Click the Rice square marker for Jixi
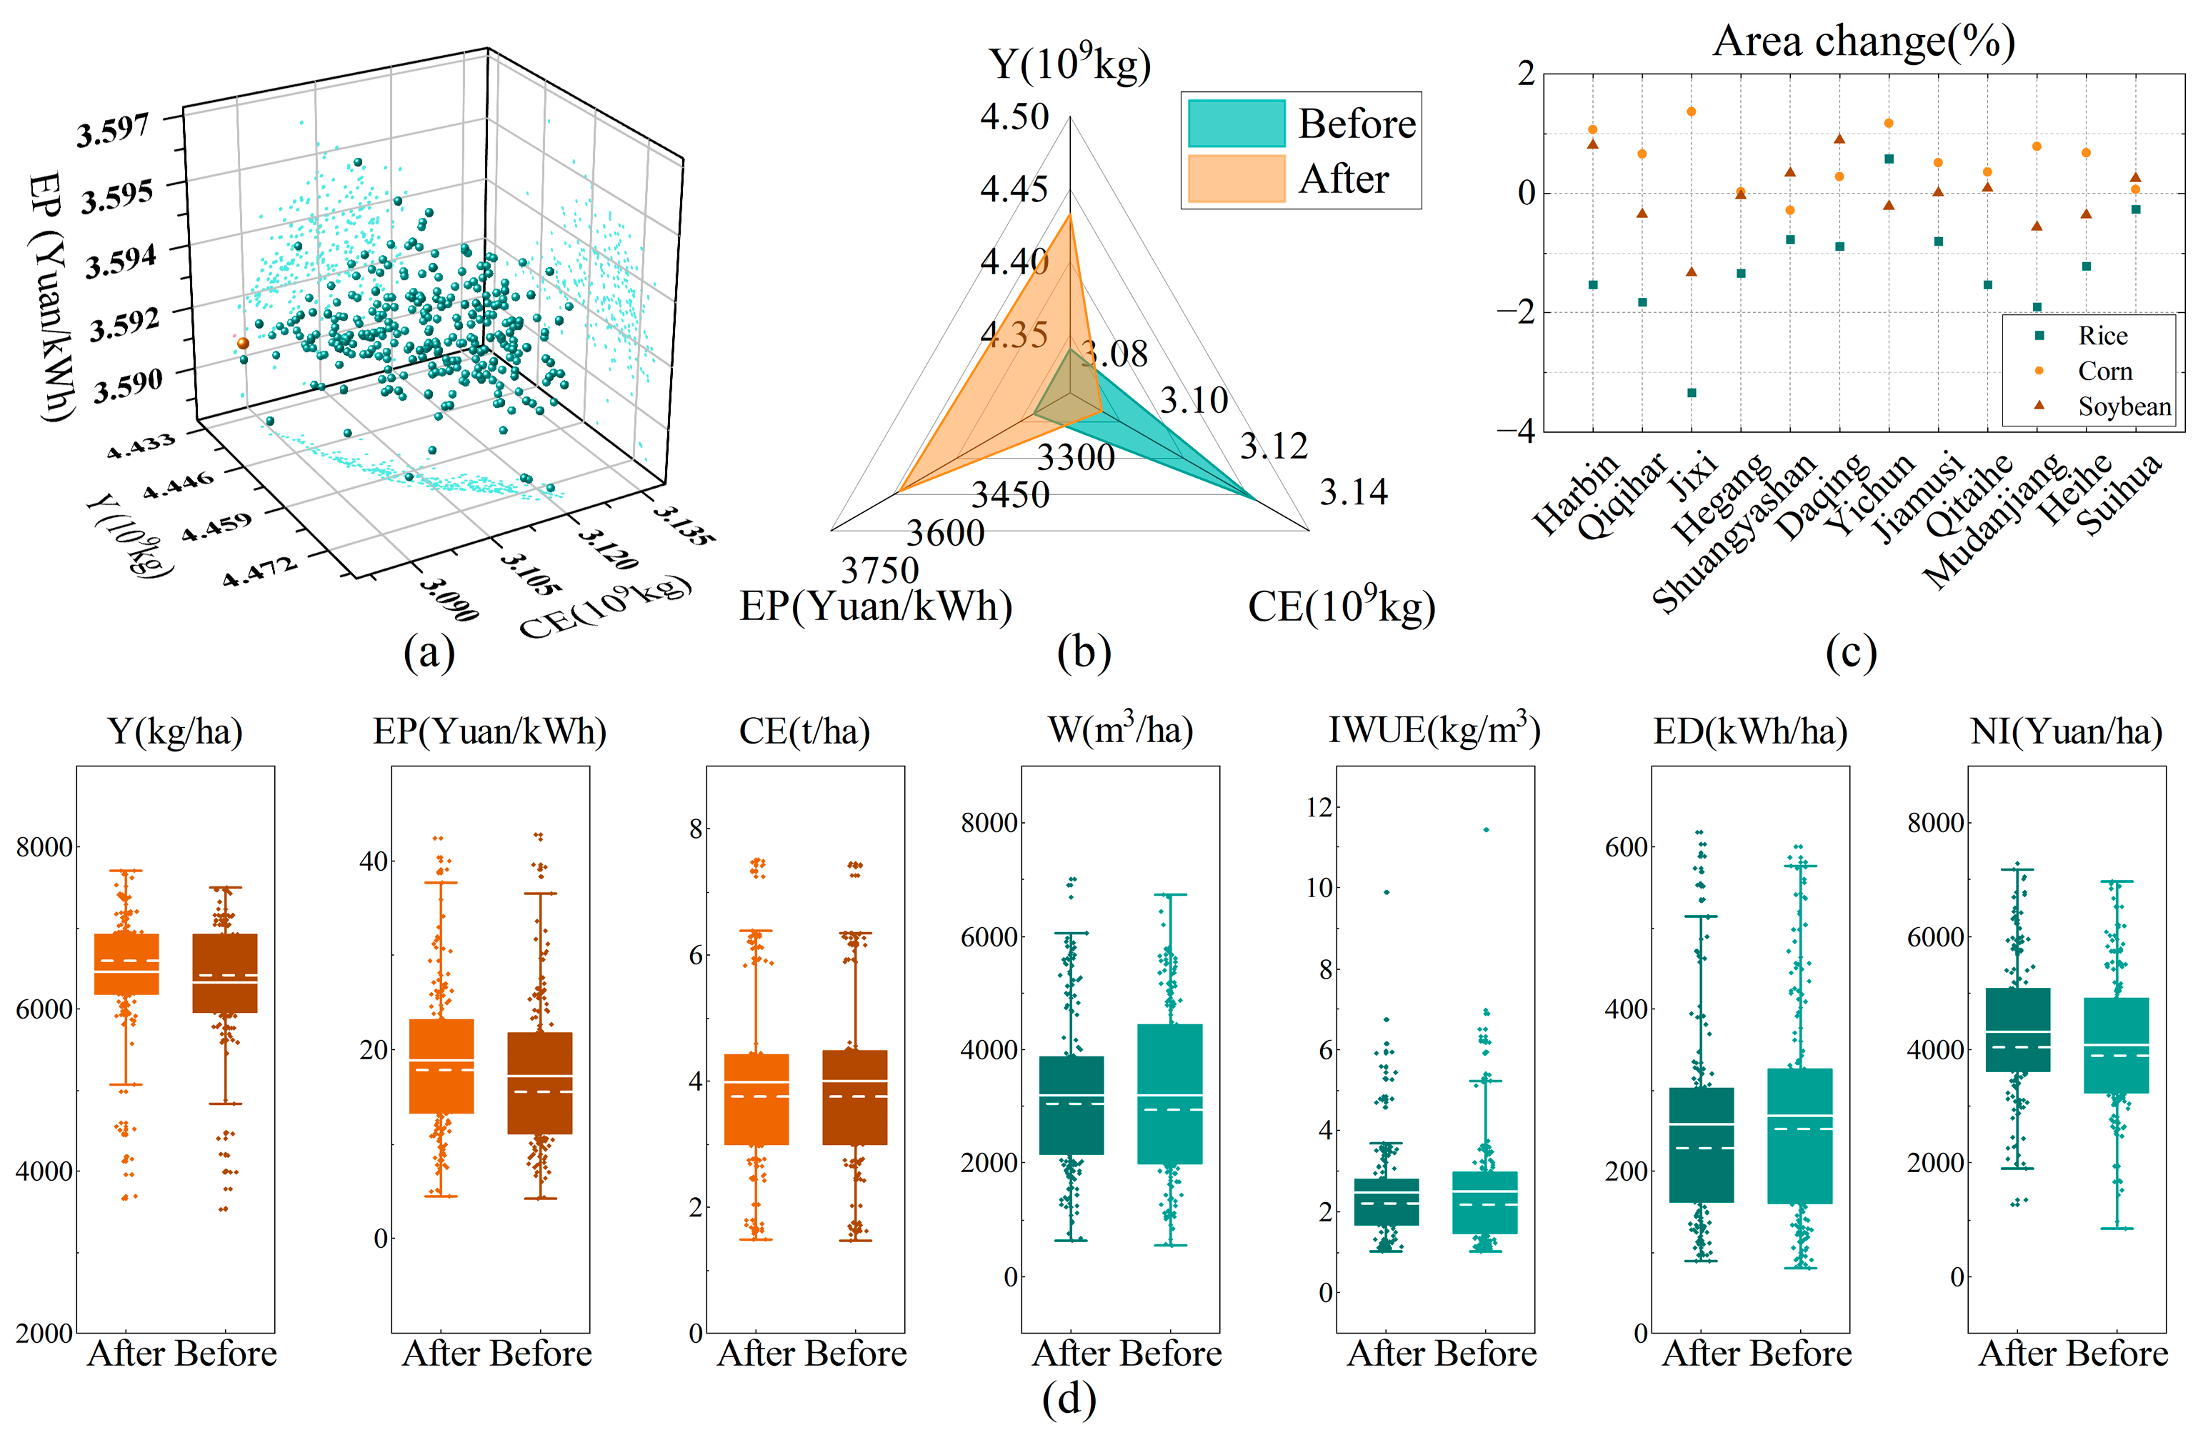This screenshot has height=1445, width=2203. click(x=1691, y=392)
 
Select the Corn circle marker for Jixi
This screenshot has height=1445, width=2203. click(x=1691, y=112)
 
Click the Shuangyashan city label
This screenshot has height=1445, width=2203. click(x=1734, y=534)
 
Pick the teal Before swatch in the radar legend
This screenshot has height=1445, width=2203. click(x=1237, y=123)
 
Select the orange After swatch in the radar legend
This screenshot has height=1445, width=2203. click(x=1237, y=179)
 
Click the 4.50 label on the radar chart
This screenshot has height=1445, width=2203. click(x=1014, y=118)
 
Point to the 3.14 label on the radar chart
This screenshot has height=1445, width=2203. click(x=1353, y=492)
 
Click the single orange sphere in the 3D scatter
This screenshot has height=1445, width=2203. click(x=242, y=344)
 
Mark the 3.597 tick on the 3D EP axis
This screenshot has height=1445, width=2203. click(x=113, y=131)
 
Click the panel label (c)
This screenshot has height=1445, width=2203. click(x=1850, y=653)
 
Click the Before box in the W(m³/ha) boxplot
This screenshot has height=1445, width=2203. click(x=1170, y=1094)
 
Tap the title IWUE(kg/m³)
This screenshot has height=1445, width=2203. click(x=1434, y=731)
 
